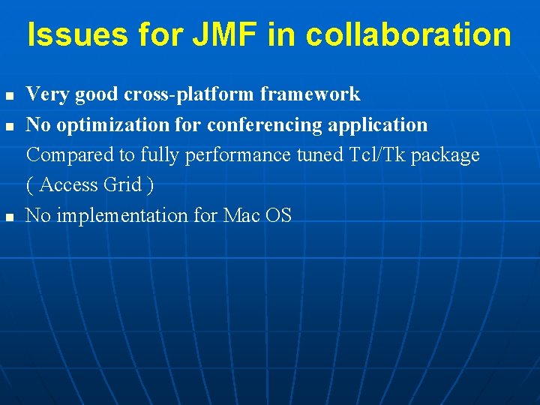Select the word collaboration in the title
point(409,34)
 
